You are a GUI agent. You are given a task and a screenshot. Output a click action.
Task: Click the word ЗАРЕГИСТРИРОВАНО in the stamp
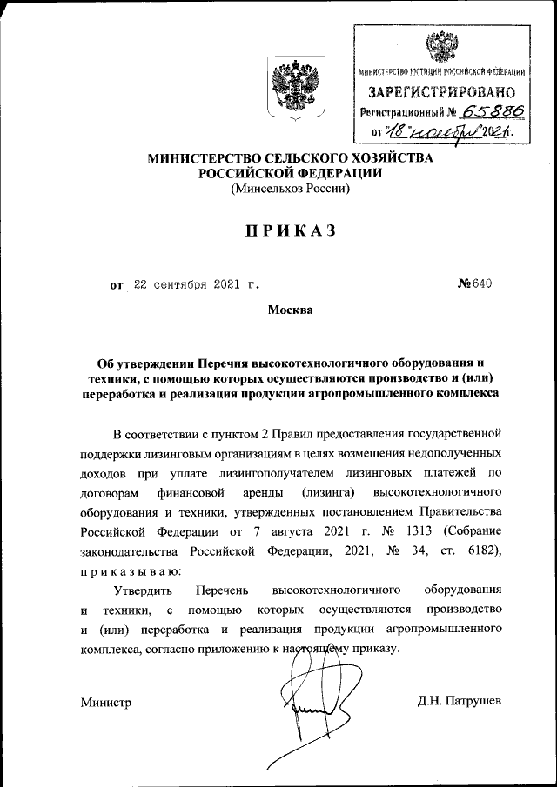(440, 91)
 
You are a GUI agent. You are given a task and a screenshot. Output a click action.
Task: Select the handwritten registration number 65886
(481, 111)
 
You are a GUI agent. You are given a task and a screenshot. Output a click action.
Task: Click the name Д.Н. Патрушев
(460, 702)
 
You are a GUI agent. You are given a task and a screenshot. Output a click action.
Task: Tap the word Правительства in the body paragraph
(460, 511)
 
